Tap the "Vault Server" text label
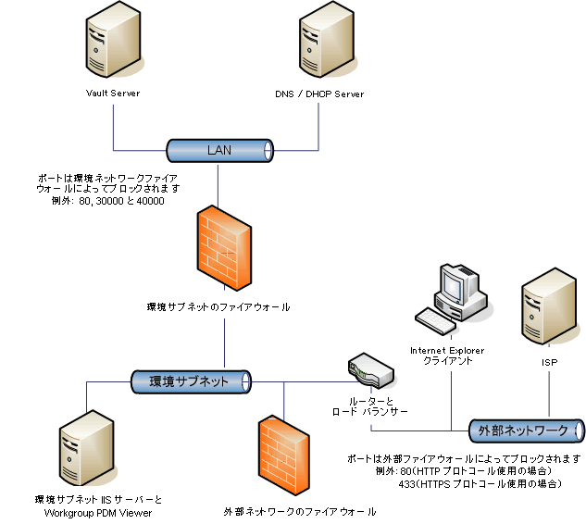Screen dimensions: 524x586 112,94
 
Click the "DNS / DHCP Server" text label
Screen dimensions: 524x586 319,94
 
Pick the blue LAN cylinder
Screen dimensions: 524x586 218,150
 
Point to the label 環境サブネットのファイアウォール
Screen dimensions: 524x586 218,306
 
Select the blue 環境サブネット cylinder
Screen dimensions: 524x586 190,380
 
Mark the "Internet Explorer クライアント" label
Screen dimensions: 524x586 447,356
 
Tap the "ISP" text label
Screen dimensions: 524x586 549,363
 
